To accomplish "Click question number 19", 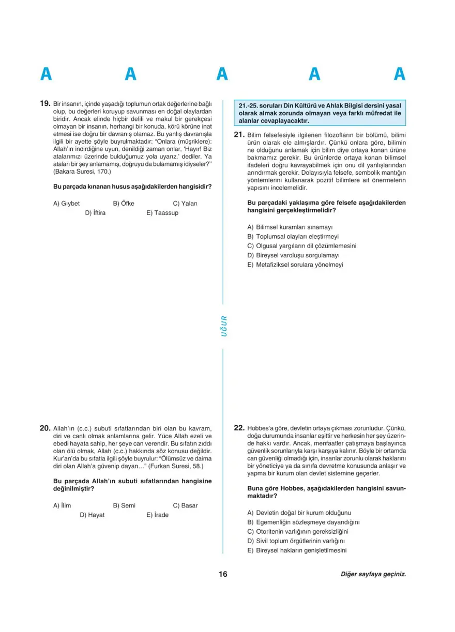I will click(44, 103).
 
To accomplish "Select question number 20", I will click(44, 428).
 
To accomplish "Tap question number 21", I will click(239, 135).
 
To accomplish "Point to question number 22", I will click(239, 428).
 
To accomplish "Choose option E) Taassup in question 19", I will click(162, 213).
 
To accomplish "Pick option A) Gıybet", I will click(66, 204).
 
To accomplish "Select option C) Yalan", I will click(185, 204).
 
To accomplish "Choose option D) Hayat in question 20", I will click(92, 515).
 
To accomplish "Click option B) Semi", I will click(124, 506).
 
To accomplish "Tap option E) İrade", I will click(157, 515).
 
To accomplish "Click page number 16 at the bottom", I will click(223, 574).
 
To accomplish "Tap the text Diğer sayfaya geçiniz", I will click(373, 575).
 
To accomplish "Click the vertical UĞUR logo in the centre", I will click(223, 326).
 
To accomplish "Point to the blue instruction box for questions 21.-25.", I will click(320, 113).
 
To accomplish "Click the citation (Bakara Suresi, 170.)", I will click(82, 171).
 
